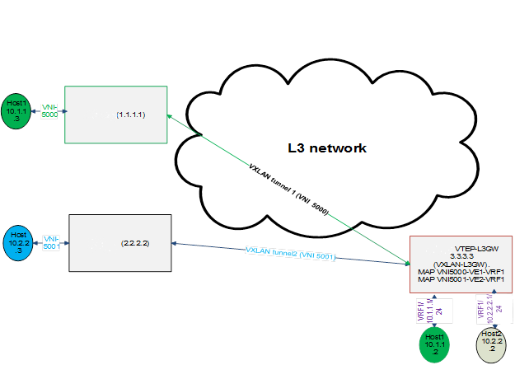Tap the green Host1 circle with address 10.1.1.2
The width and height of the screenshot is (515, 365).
pos(434,344)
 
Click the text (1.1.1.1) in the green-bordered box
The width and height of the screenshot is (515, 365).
pos(130,115)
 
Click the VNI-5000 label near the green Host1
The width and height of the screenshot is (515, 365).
pos(50,110)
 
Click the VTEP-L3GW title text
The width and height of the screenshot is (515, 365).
pos(476,247)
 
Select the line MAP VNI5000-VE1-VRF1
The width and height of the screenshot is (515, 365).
pos(461,272)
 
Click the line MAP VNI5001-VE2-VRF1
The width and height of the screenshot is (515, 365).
pos(461,280)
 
